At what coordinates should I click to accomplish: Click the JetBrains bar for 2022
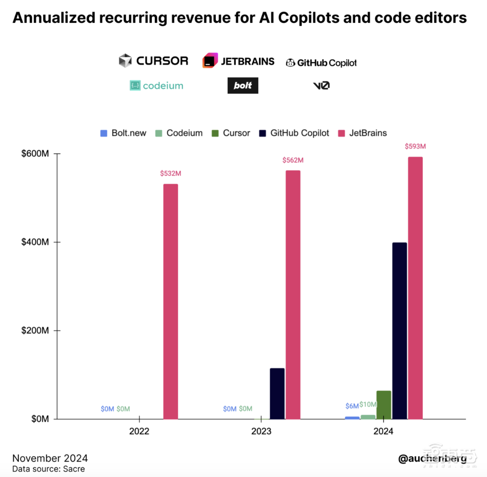click(x=170, y=301)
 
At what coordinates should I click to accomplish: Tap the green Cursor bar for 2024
click(x=384, y=404)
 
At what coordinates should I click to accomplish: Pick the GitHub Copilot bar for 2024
click(x=399, y=330)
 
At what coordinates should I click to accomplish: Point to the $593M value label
click(x=415, y=147)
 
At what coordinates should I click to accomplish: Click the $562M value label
click(x=293, y=160)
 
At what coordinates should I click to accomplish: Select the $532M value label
click(x=170, y=174)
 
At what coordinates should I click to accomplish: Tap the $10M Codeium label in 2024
click(x=368, y=404)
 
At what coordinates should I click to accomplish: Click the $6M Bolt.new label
click(x=352, y=406)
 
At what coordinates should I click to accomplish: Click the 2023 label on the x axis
click(x=262, y=431)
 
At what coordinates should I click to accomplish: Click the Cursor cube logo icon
click(x=126, y=61)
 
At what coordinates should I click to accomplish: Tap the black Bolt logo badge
click(x=243, y=86)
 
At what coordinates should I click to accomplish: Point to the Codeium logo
click(x=156, y=86)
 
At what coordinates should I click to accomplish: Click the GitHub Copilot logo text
click(x=327, y=63)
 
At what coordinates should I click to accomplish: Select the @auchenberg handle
click(x=432, y=458)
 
